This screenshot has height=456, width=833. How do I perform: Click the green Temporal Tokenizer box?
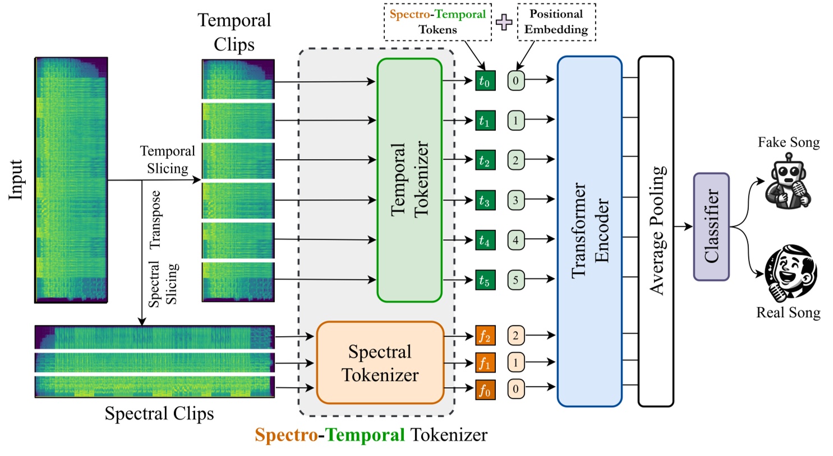click(x=409, y=180)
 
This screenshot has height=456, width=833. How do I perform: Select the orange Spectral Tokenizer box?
click(x=380, y=362)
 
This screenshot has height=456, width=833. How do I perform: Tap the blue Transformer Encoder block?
click(x=589, y=231)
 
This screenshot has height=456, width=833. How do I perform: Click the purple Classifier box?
click(x=711, y=226)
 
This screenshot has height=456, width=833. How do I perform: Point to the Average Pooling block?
click(x=656, y=231)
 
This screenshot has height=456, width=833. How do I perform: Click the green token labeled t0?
click(x=485, y=81)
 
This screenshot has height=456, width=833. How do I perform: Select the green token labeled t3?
click(x=485, y=200)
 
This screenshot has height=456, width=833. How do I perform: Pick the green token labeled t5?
click(x=485, y=280)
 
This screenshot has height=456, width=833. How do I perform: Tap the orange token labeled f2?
click(x=485, y=336)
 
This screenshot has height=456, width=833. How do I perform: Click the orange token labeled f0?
click(x=485, y=389)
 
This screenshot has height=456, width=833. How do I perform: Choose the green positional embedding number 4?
click(x=516, y=240)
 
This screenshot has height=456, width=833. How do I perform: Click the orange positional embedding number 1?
click(x=516, y=362)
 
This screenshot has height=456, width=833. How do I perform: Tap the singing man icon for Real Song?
click(x=791, y=273)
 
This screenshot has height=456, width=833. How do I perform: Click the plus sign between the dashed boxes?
click(x=504, y=22)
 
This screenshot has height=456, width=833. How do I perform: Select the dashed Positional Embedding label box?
click(x=556, y=22)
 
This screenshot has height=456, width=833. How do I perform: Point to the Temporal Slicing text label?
click(x=167, y=160)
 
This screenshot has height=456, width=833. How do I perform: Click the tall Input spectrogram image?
click(x=71, y=180)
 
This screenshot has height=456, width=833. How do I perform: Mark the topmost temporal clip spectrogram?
click(x=238, y=79)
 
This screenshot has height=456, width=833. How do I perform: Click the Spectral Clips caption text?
click(x=159, y=413)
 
